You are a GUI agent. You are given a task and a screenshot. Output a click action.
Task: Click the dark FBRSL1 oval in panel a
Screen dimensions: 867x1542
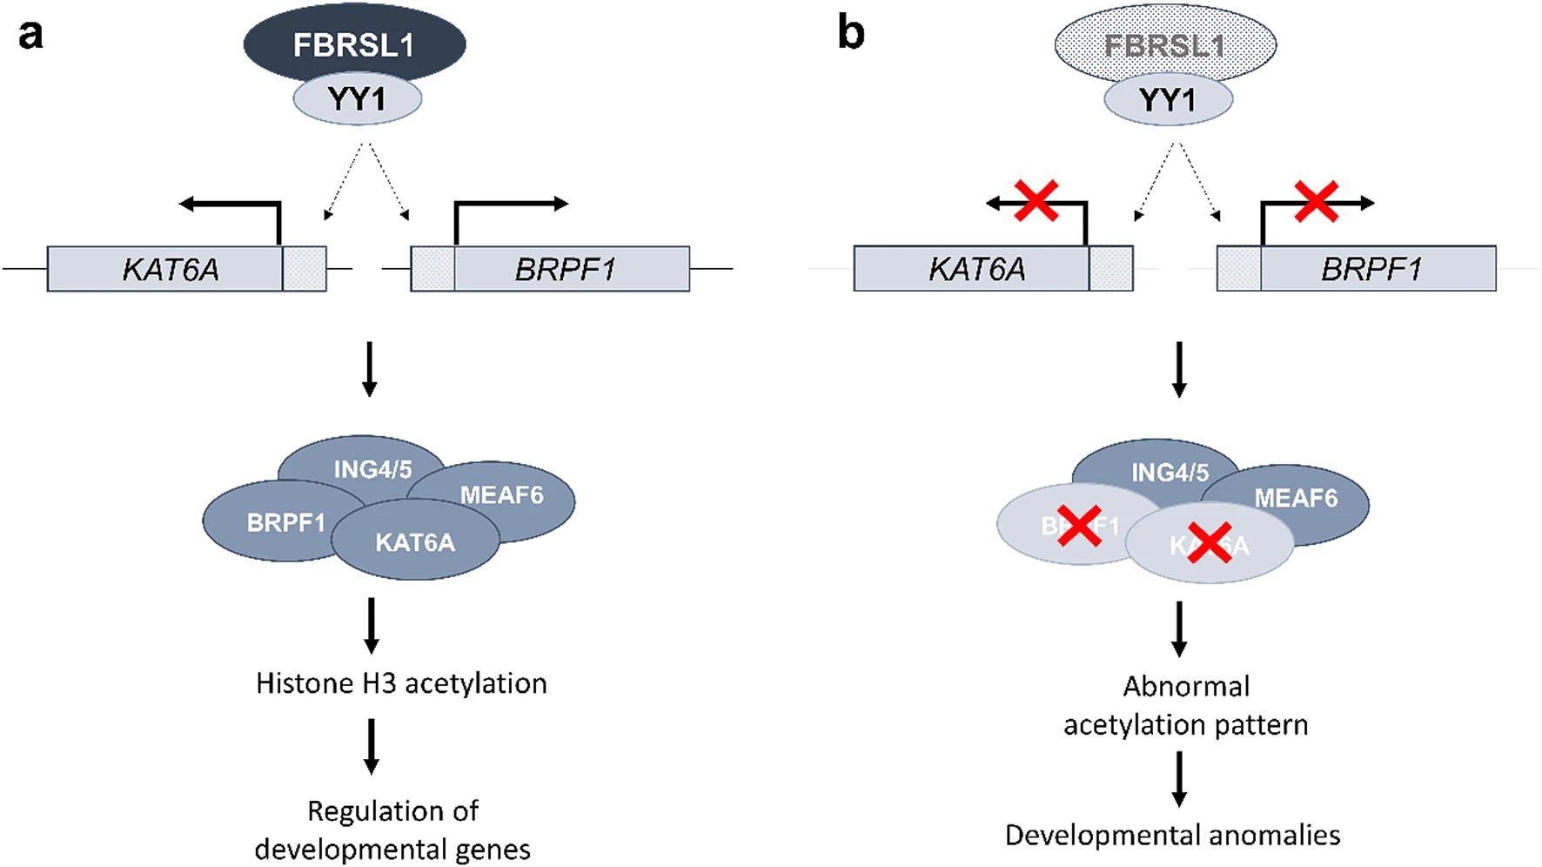coord(353,44)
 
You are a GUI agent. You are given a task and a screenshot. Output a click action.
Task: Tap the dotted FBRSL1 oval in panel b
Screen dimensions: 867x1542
coord(1164,44)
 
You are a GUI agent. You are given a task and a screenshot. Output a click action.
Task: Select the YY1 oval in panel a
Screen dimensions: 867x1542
coord(357,99)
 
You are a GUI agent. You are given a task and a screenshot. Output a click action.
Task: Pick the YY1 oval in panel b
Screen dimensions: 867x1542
coord(1168,99)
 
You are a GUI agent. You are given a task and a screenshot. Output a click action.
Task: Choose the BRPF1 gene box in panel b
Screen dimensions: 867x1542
coord(1371,269)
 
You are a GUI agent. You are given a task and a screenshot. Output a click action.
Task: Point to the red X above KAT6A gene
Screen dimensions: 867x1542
coord(1036,201)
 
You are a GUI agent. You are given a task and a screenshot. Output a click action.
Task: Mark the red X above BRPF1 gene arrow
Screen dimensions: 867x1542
coord(1316,201)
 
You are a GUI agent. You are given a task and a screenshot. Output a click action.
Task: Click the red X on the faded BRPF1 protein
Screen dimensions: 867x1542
coord(1079,527)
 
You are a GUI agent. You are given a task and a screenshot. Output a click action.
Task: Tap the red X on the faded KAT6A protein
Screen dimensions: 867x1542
coord(1210,543)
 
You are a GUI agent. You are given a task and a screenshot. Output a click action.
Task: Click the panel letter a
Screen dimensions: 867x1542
coord(30,35)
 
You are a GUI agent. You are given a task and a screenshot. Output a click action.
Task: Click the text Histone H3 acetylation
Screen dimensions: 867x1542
coord(401,683)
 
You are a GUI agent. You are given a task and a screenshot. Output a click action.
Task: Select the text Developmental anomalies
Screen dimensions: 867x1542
coord(1172,835)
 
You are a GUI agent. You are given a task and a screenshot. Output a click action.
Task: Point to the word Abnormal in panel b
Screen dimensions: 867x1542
coord(1186,686)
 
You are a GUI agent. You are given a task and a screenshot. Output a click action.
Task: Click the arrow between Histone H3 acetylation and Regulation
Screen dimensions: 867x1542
coord(372,746)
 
